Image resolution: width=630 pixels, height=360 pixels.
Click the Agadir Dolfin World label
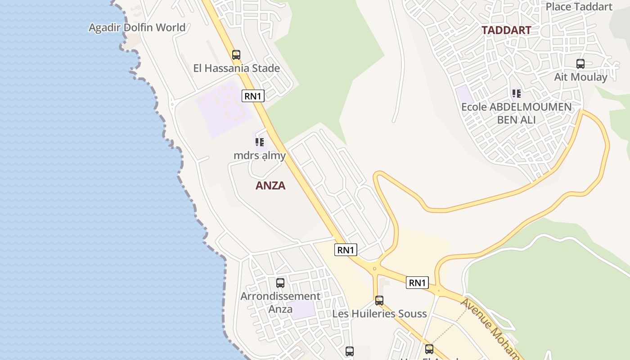[137, 27]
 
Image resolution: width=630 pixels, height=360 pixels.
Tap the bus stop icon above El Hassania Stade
[236, 55]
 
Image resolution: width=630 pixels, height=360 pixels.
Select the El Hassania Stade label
[236, 68]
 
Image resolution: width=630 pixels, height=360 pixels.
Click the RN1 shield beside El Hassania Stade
[253, 96]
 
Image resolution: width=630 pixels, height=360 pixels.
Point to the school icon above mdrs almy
[259, 142]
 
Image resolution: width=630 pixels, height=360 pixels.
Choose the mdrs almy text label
[260, 156]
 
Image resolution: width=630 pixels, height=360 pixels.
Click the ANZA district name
[270, 185]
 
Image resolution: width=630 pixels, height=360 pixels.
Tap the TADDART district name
[506, 30]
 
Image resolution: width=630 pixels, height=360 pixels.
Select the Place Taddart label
[579, 7]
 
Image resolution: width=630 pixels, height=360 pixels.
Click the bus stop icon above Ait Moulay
[580, 64]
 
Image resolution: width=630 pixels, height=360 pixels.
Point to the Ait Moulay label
[580, 77]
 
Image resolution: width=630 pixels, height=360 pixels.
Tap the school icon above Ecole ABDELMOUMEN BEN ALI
[517, 94]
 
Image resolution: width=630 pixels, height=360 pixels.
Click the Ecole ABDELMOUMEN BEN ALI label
[517, 113]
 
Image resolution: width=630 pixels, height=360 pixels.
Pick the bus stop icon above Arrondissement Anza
[280, 283]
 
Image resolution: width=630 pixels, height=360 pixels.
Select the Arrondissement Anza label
[280, 302]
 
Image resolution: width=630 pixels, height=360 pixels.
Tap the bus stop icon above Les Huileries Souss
[379, 301]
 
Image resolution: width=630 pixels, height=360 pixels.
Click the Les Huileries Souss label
[379, 314]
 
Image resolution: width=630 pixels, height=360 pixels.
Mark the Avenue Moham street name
[490, 328]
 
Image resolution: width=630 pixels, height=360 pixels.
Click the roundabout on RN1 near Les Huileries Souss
[374, 269]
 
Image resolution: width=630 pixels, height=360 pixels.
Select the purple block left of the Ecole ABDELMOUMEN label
[464, 95]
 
